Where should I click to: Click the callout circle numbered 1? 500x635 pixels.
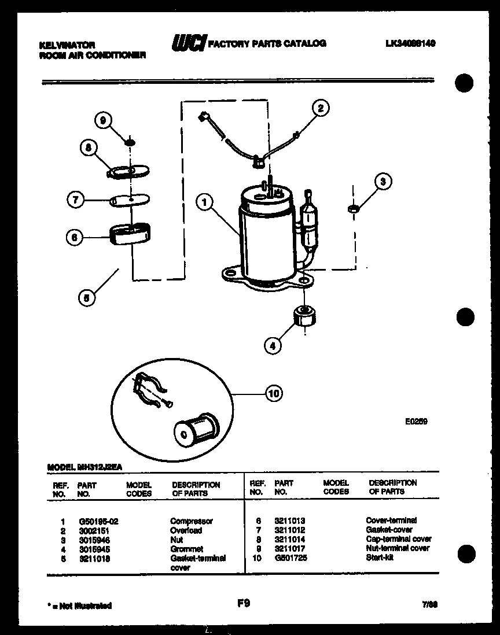pyautogui.click(x=204, y=202)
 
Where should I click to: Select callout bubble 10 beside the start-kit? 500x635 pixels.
pyautogui.click(x=274, y=394)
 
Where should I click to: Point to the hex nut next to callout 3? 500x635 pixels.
pyautogui.click(x=351, y=208)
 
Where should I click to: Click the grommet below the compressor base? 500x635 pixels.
pyautogui.click(x=304, y=316)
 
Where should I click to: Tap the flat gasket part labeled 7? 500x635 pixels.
pyautogui.click(x=131, y=200)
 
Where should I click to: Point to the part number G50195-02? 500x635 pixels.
pyautogui.click(x=98, y=521)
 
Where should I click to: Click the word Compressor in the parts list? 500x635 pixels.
pyautogui.click(x=192, y=521)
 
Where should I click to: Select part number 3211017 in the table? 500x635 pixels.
pyautogui.click(x=289, y=548)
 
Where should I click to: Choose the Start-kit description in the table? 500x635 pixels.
pyautogui.click(x=380, y=558)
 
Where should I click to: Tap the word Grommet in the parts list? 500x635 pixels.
pyautogui.click(x=186, y=549)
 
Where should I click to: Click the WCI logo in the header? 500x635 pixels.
pyautogui.click(x=189, y=43)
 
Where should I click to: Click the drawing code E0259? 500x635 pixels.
pyautogui.click(x=416, y=422)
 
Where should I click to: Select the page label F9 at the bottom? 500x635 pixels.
pyautogui.click(x=244, y=604)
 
